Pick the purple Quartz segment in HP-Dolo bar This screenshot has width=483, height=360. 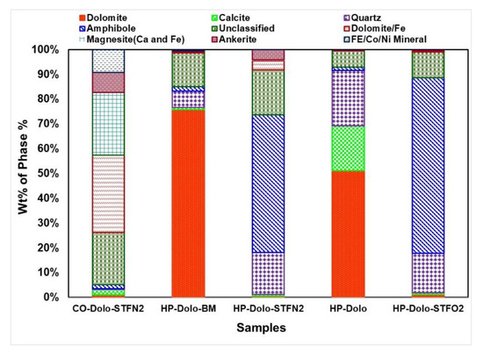click(348, 98)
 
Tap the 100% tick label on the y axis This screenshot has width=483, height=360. click(47, 50)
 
